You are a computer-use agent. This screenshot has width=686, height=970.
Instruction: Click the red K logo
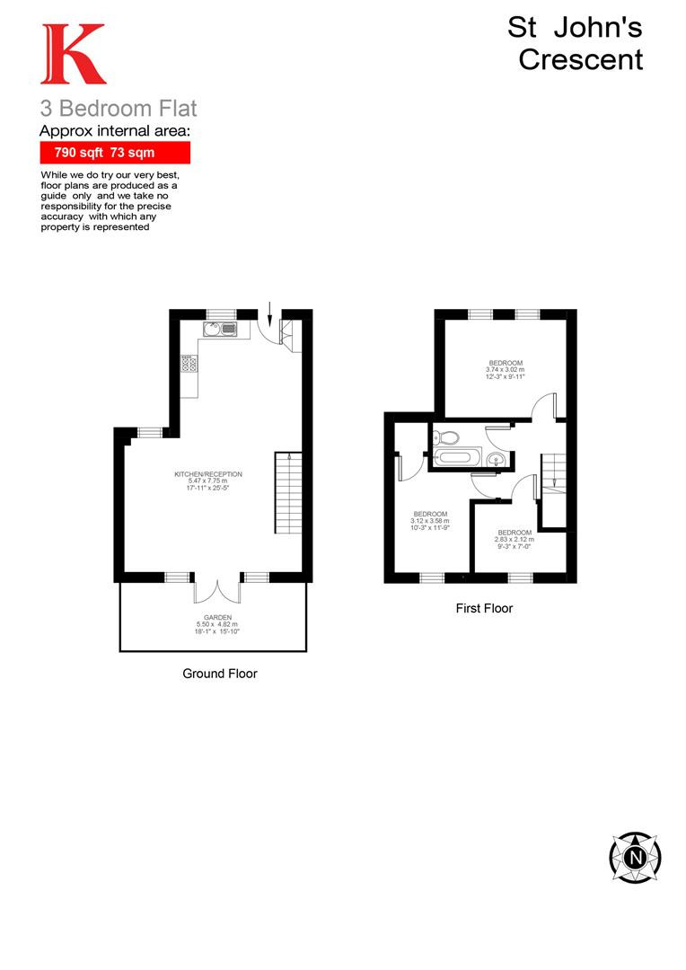74,54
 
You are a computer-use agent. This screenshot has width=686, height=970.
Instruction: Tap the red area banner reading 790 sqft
115,152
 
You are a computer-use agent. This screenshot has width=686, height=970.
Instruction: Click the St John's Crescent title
576,43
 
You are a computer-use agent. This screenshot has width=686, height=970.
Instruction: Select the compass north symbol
636,858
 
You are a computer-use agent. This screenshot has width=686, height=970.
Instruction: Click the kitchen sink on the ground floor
220,329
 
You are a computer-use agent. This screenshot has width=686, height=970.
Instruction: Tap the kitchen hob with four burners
189,364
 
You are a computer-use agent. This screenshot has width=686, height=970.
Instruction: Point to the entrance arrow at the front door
269,313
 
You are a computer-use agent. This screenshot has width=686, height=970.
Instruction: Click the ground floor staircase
288,492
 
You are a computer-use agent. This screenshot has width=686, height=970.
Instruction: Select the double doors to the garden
217,591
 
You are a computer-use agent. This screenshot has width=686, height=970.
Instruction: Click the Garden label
217,624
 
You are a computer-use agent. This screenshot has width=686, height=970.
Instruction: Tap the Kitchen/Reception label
208,481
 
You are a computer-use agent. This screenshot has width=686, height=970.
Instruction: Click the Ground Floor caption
220,673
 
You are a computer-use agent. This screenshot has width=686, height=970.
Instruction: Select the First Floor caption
484,608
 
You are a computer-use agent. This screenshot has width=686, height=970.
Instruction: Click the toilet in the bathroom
444,437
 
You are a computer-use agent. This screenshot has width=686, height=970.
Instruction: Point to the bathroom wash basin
496,459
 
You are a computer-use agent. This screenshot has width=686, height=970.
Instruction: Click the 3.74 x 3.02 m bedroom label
506,369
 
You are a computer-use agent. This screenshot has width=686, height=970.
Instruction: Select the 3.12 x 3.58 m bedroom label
430,521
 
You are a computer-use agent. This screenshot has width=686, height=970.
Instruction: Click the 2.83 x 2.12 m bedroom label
514,540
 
